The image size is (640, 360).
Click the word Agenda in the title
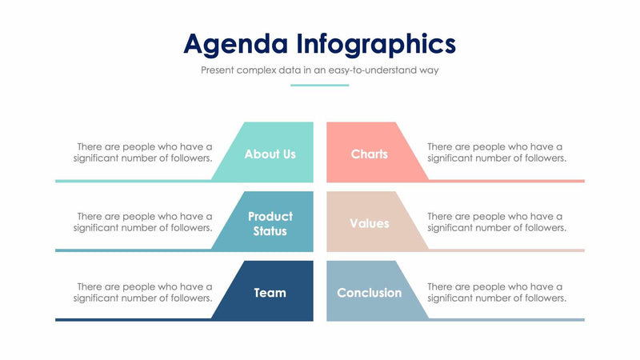coord(234,43)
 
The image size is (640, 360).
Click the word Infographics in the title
coord(376,43)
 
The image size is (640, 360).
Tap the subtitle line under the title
coord(319,70)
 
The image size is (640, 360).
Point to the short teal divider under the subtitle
coord(319,85)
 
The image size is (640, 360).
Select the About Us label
coord(270,154)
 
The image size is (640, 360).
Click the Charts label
coord(369,154)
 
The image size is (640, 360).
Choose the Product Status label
coord(270,223)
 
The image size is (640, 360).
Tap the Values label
coord(369,223)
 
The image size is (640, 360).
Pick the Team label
coord(270,293)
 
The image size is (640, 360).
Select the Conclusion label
coord(369,293)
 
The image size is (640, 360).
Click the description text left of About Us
coord(144,152)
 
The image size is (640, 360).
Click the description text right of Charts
coord(496,152)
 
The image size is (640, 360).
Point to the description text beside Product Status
coord(144,222)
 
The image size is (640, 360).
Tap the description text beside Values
coord(496,222)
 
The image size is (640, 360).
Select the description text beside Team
coord(144,291)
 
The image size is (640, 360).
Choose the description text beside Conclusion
coord(496,291)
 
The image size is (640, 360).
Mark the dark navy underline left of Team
coord(132,320)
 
